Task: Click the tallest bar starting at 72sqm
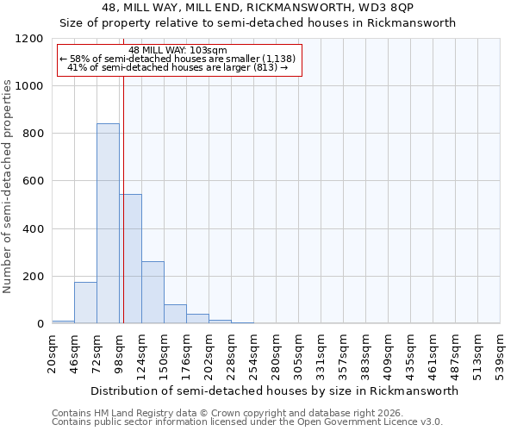tap(108, 223)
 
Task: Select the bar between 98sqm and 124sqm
tap(130, 259)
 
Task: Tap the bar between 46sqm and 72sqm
tap(85, 303)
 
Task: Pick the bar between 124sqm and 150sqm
tap(153, 292)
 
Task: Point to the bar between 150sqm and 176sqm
tap(175, 314)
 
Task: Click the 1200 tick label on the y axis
tap(28, 39)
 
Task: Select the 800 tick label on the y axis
tap(32, 134)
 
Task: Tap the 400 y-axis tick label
tap(32, 229)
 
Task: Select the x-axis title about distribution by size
tap(275, 390)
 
